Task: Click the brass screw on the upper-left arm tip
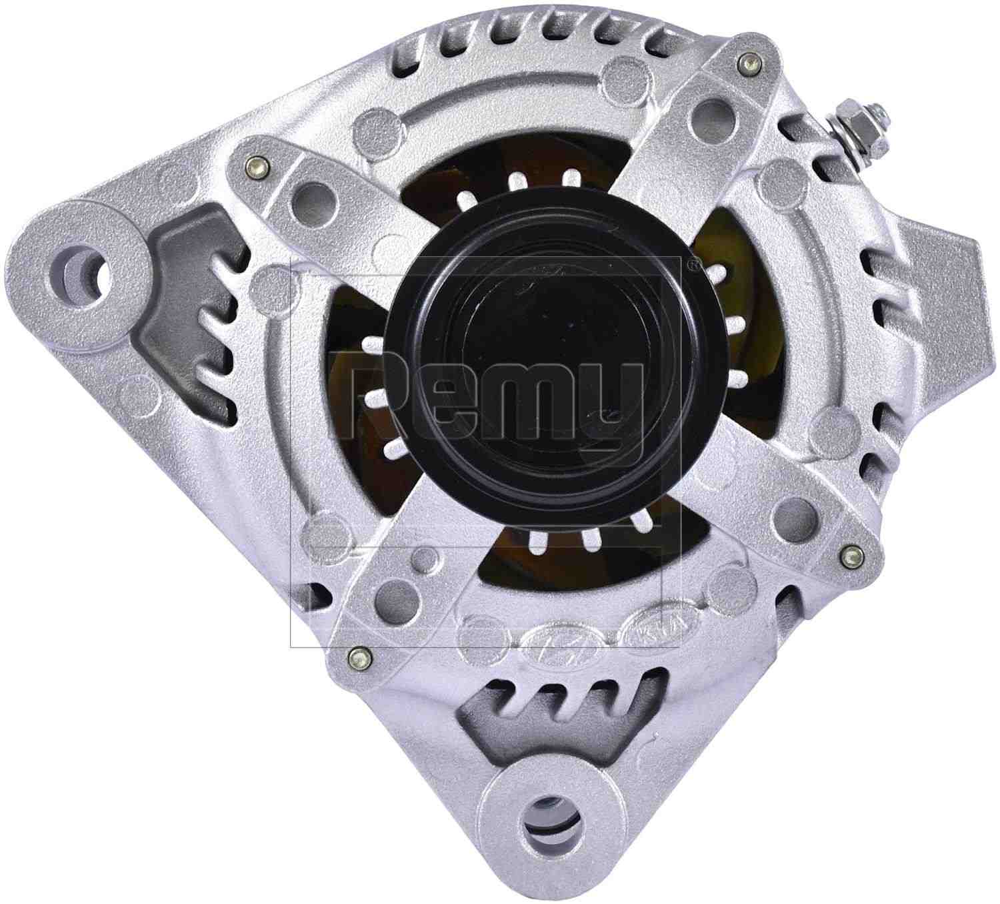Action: click(255, 164)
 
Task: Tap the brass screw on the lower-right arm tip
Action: click(847, 551)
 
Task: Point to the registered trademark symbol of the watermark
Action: click(693, 264)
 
